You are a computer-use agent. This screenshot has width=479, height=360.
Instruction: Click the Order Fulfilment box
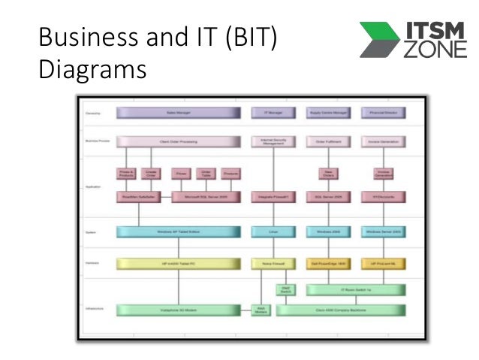tap(328, 141)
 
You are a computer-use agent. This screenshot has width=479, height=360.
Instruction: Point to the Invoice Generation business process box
tap(384, 141)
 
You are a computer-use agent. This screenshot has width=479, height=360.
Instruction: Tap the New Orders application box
tap(328, 174)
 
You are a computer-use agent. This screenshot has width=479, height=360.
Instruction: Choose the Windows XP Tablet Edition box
tap(178, 233)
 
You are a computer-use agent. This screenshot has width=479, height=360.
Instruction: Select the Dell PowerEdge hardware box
tap(328, 264)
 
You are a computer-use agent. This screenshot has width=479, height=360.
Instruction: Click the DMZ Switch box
tap(286, 289)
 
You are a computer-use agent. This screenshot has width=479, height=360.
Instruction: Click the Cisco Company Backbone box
tap(341, 310)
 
